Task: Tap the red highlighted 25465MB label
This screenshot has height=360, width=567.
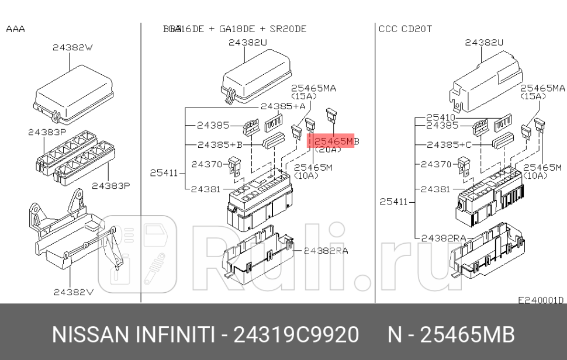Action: pyautogui.click(x=332, y=141)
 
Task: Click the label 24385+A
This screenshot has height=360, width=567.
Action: pyautogui.click(x=283, y=106)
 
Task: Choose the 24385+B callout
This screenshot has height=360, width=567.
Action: pyautogui.click(x=219, y=144)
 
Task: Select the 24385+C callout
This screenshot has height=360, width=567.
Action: pyautogui.click(x=449, y=144)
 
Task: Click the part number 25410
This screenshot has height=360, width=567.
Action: pyautogui.click(x=440, y=117)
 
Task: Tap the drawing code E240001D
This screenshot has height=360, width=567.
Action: pyautogui.click(x=541, y=300)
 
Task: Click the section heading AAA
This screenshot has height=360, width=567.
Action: pyautogui.click(x=15, y=29)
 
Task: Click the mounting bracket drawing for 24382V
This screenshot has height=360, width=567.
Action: pyautogui.click(x=70, y=234)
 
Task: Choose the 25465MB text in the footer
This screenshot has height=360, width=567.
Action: pyautogui.click(x=468, y=335)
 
